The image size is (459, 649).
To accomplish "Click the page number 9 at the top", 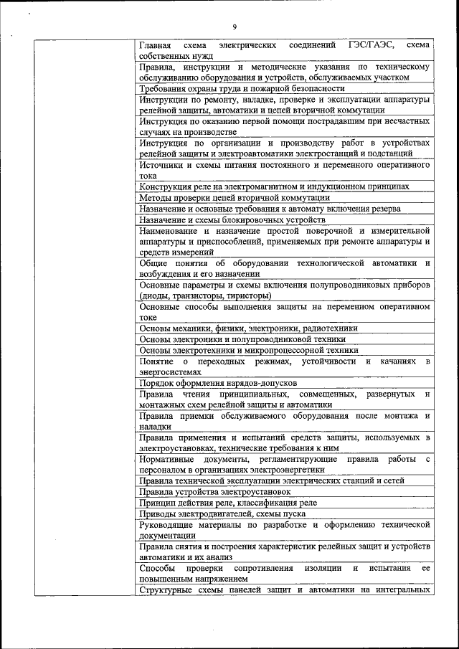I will point(234,27).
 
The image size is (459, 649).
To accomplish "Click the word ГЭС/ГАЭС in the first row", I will point(372,44).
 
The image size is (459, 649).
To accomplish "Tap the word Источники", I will point(162,164).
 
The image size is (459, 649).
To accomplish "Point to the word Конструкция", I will point(167,186).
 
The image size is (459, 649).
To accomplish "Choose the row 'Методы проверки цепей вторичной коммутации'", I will point(235,197).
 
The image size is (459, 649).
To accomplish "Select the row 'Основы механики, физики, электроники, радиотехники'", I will point(248,328).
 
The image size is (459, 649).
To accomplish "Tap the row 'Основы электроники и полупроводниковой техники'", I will point(242,338).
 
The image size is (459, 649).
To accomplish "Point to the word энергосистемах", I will point(172,371).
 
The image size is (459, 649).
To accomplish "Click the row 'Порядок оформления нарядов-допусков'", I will point(218,383).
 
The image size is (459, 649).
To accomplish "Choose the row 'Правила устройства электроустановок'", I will point(214,492).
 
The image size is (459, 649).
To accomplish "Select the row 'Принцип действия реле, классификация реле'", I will point(228,503).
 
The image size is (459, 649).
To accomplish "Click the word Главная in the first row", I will point(157,44).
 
